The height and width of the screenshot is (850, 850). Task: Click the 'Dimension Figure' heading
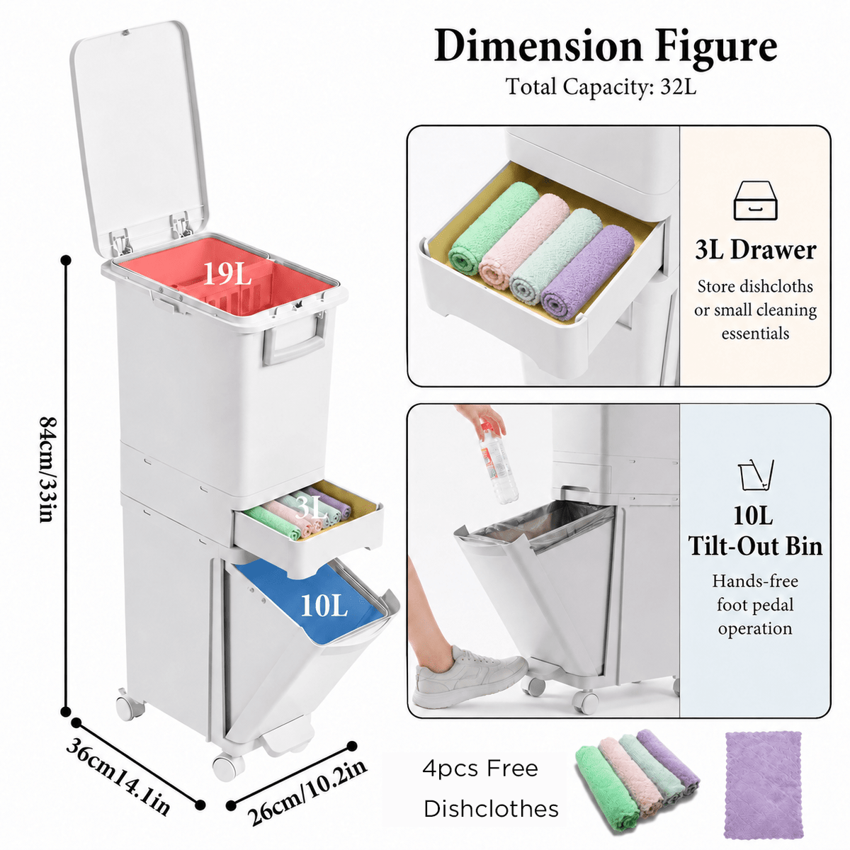tap(605, 47)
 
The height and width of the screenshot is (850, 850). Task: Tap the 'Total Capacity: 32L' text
tap(601, 86)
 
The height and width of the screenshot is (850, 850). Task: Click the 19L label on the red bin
tap(227, 274)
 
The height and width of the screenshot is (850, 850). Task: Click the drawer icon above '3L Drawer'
tap(755, 200)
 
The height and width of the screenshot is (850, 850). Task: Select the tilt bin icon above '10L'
tap(756, 475)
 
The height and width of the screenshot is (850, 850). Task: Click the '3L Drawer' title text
tap(756, 250)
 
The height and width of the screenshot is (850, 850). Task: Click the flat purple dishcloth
tap(764, 790)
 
